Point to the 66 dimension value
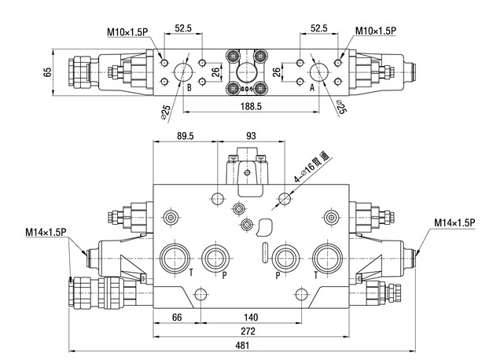tap(176, 317)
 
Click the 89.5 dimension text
tap(186, 137)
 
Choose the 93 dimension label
tap(252, 137)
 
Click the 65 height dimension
tap(48, 72)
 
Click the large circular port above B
tap(182, 72)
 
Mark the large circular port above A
tap(318, 72)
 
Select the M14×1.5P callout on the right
tap(455, 223)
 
